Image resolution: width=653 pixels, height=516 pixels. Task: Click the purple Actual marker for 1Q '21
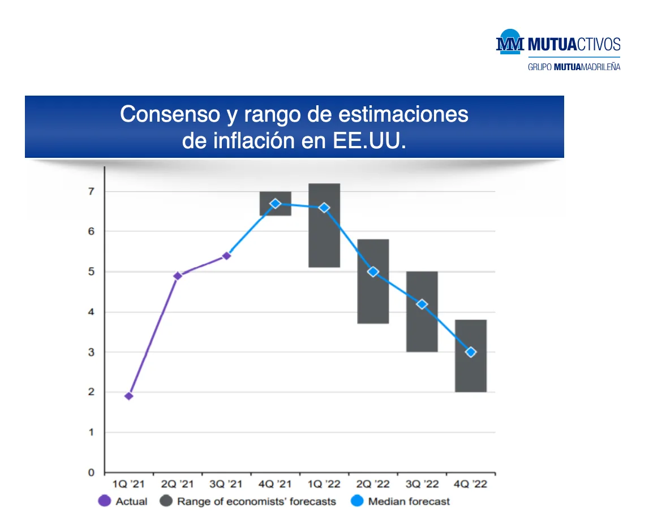click(x=129, y=396)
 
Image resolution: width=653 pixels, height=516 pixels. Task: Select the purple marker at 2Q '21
click(x=178, y=276)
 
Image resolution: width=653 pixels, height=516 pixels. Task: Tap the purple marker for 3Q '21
click(x=226, y=256)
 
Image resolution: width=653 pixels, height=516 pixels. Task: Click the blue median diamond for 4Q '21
click(x=275, y=204)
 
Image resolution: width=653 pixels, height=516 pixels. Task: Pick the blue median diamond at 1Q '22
click(x=324, y=208)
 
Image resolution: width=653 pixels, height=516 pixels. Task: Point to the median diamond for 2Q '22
click(x=373, y=272)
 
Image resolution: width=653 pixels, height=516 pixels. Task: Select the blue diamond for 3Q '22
click(x=422, y=304)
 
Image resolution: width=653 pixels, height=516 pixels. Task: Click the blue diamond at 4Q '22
click(x=471, y=352)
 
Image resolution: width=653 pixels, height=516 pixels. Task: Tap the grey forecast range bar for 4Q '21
click(x=275, y=204)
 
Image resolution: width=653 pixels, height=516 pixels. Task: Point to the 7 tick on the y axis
click(x=91, y=192)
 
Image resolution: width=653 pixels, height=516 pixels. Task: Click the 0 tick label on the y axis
click(x=91, y=472)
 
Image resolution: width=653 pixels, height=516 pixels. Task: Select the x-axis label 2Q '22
click(x=373, y=484)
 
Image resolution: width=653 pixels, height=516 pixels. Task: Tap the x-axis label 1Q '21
click(x=128, y=484)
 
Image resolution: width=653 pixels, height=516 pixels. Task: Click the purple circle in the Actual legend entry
click(x=105, y=501)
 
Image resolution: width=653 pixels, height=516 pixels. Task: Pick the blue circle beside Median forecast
click(x=357, y=501)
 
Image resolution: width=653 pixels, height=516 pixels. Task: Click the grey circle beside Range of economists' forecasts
click(x=166, y=501)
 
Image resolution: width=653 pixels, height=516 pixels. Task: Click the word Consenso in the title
click(x=170, y=114)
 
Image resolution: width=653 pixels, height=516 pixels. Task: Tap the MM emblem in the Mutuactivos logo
click(x=510, y=42)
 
